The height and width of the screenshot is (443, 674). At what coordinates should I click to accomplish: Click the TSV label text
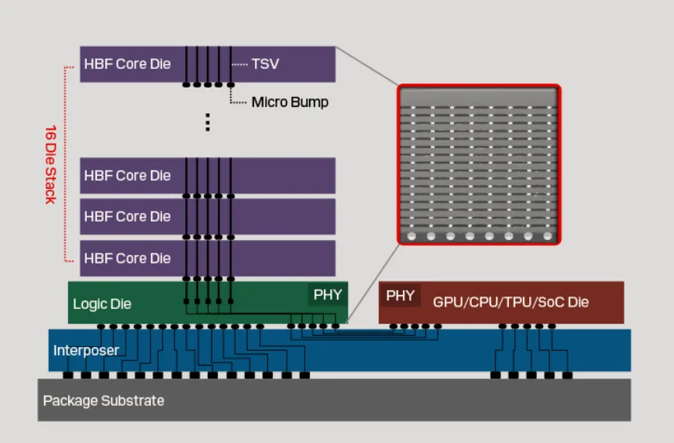pos(265,64)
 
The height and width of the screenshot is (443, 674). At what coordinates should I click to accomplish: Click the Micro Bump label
pos(290,101)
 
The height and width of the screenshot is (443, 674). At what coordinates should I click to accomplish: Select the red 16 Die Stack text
pos(50,163)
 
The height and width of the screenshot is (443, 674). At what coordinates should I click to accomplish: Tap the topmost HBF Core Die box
pos(207,64)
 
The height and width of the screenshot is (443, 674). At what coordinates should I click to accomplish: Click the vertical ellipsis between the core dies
pos(208,122)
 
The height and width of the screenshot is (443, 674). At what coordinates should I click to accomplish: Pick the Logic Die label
pos(101,304)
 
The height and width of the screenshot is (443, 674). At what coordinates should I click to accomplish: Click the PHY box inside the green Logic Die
pos(327,294)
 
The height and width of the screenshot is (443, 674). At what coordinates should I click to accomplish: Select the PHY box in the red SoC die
pos(400,295)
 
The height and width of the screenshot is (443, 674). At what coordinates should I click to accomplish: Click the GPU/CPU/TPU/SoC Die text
pos(511,301)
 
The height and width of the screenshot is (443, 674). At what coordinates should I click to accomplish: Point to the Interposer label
pos(86,351)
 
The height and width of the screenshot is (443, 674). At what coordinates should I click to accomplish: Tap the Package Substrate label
pos(103,400)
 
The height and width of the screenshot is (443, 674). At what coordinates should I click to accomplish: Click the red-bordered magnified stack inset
pos(478,165)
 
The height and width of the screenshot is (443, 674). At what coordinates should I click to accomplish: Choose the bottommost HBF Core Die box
pos(207,258)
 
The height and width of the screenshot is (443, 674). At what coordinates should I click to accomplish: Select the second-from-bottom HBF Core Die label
pos(127,216)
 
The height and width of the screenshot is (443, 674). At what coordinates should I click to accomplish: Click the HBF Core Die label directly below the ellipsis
pos(127,175)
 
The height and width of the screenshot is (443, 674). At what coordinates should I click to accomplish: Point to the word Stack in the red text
pos(50,188)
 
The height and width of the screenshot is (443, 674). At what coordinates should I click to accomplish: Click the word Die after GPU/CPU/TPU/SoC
pos(578,301)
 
